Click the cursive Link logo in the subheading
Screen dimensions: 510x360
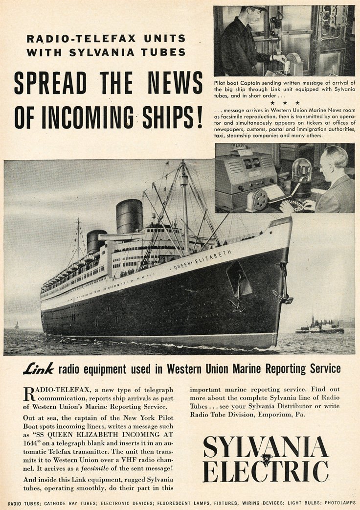[x=39, y=369]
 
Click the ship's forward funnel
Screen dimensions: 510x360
[x=129, y=216]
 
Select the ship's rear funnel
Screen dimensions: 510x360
[x=96, y=241]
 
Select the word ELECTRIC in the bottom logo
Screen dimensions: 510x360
[x=266, y=471]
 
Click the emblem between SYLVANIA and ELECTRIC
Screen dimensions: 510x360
[x=266, y=460]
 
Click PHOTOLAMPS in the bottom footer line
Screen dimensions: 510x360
[x=338, y=503]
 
